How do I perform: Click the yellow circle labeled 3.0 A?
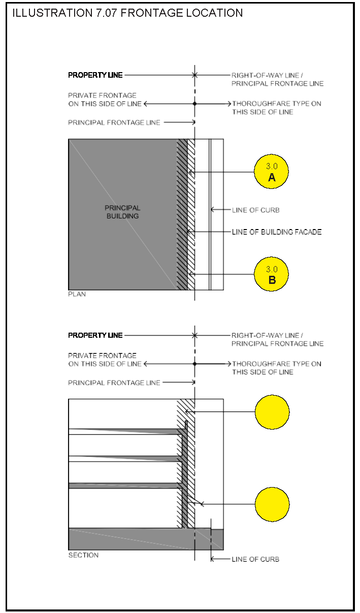point(271,171)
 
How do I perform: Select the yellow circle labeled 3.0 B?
point(271,274)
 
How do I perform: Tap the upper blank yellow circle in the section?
point(272,412)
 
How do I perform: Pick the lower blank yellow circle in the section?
point(272,504)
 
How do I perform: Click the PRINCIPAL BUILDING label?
point(122,212)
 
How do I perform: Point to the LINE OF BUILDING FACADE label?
point(277,232)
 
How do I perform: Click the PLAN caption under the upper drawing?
point(77,294)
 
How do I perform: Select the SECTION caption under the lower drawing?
point(83,555)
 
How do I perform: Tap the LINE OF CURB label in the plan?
point(256,210)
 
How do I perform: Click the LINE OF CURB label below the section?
point(255,559)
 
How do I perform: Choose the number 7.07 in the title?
point(107,13)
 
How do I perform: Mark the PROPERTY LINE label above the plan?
point(95,75)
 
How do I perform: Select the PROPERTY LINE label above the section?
point(95,335)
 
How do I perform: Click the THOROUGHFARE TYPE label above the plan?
point(277,108)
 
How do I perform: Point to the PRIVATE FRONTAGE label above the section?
point(105,360)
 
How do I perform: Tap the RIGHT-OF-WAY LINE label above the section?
point(267,336)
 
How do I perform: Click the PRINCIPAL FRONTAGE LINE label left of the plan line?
point(114,122)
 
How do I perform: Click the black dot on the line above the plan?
point(195,104)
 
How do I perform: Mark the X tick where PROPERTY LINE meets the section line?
point(194,335)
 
